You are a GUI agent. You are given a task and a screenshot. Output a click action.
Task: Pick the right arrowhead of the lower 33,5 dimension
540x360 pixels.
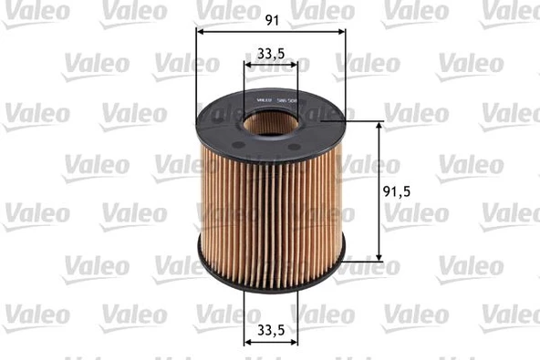pos(295,341)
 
